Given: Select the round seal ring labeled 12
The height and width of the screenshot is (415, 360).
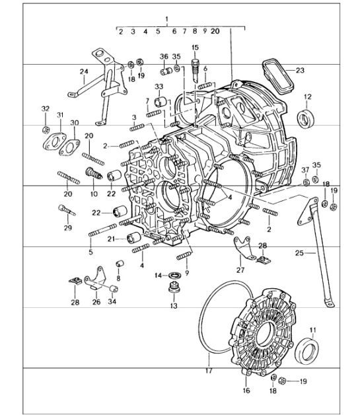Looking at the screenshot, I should coord(306,120).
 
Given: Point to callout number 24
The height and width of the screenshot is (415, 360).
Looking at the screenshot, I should coord(84,71).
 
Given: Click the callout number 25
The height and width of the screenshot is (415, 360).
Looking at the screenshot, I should coord(301,252).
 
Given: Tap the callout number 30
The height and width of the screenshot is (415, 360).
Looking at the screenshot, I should coord(74,123).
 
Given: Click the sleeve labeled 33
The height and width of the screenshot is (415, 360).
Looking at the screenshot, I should coord(159,103).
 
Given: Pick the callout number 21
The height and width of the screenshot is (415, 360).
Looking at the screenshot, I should coord(111,239).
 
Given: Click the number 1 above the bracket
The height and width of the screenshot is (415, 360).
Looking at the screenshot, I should coord(166,18).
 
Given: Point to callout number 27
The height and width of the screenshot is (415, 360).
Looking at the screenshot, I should coord(240,270).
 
